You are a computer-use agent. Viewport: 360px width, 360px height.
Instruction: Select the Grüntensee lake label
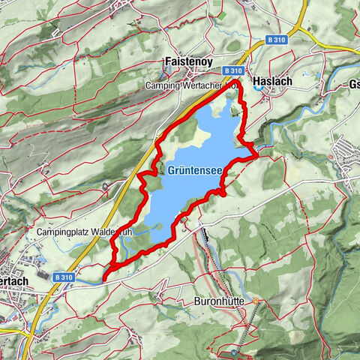click(x=194, y=170)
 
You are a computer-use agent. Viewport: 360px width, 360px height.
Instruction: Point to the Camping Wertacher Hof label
click(x=192, y=87)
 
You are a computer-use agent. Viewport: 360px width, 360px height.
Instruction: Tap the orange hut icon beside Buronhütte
click(x=256, y=301)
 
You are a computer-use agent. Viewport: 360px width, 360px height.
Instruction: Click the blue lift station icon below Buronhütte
click(x=235, y=352)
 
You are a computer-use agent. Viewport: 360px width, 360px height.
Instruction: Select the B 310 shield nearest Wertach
click(x=64, y=277)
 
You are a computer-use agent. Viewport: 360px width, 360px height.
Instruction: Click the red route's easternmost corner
click(x=257, y=155)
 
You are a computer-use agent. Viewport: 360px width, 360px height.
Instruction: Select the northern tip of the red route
click(x=238, y=79)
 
